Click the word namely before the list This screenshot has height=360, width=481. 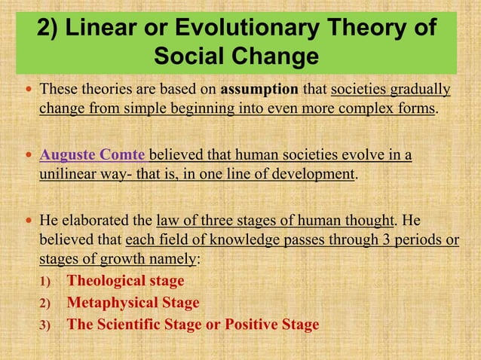tap(171, 258)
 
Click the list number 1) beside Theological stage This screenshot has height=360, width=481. tap(44, 282)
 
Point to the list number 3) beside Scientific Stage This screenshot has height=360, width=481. tap(44, 325)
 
